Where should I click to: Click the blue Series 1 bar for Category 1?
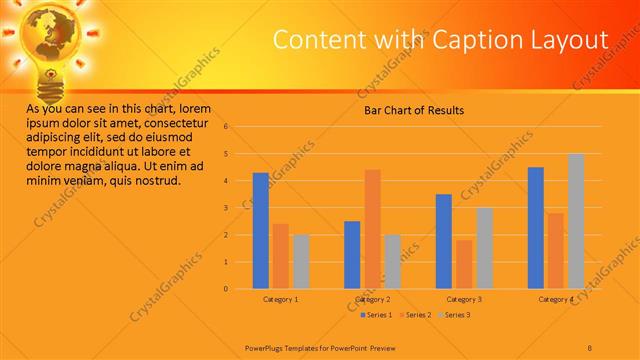point(260,231)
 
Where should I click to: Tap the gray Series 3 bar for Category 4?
point(576,221)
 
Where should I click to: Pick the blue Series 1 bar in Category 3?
point(444,241)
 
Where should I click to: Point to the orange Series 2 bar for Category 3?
point(464,264)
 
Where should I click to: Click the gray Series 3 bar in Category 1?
point(300,262)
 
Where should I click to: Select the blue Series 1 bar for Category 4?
point(536,228)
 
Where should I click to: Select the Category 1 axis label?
point(280,299)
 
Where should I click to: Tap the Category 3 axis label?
point(464,299)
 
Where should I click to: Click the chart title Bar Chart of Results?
point(413,110)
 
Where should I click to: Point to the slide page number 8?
point(590,346)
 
